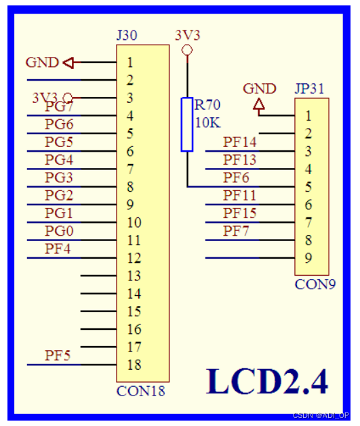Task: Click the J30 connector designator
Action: (x=127, y=35)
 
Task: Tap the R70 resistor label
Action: (x=207, y=106)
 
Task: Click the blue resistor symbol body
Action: (x=187, y=124)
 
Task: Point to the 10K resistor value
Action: (x=207, y=123)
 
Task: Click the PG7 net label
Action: (x=59, y=108)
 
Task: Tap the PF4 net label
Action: (x=58, y=249)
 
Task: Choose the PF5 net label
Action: (x=58, y=355)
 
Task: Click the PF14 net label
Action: (x=240, y=142)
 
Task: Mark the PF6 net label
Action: (x=236, y=177)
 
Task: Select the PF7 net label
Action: (x=236, y=231)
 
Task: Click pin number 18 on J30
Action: (x=133, y=365)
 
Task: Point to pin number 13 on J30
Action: (x=133, y=276)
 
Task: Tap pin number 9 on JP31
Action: (x=308, y=257)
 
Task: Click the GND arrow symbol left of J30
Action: (x=69, y=63)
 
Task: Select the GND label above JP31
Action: (x=260, y=89)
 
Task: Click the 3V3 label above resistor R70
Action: (x=187, y=35)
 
